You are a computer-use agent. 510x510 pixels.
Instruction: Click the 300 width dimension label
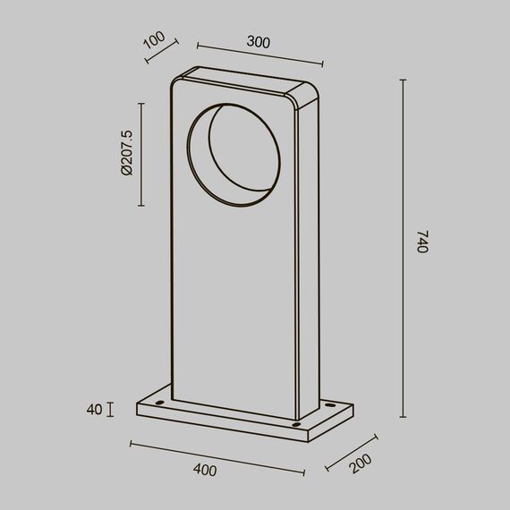pyautogui.click(x=258, y=42)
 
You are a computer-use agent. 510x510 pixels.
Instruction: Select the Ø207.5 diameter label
pyautogui.click(x=125, y=153)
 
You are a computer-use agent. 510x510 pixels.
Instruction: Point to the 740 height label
pyautogui.click(x=423, y=243)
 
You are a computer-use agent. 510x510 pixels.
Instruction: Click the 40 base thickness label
pyautogui.click(x=93, y=410)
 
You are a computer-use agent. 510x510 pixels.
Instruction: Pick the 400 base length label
pyautogui.click(x=205, y=469)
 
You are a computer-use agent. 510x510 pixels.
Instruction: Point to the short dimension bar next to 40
pyautogui.click(x=110, y=410)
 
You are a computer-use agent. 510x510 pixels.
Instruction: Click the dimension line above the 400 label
pyautogui.click(x=218, y=456)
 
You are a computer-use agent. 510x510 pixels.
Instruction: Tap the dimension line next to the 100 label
pyautogui.click(x=162, y=50)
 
